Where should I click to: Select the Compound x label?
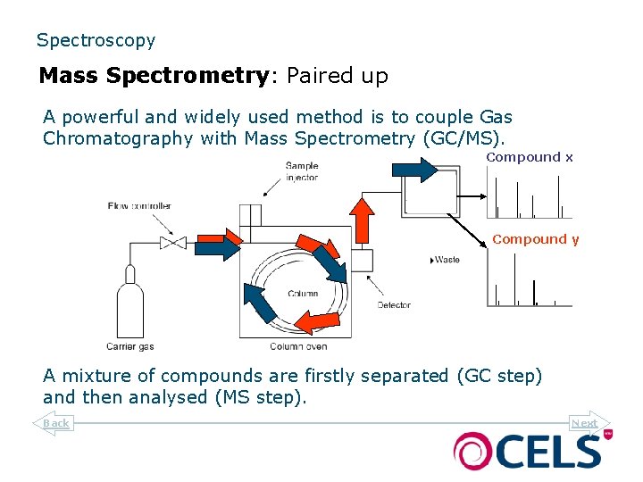(x=530, y=157)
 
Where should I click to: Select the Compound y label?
(x=535, y=239)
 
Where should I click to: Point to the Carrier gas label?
(x=129, y=346)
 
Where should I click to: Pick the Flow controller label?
(x=139, y=206)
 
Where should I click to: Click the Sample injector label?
(x=302, y=171)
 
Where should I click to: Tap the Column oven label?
(x=298, y=346)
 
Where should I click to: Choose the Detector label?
(x=394, y=305)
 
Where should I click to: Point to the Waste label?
(x=446, y=260)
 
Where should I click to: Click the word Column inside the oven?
(x=303, y=294)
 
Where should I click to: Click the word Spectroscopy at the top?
(x=96, y=40)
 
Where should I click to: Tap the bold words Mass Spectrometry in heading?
(x=153, y=76)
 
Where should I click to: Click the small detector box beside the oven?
(x=363, y=260)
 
